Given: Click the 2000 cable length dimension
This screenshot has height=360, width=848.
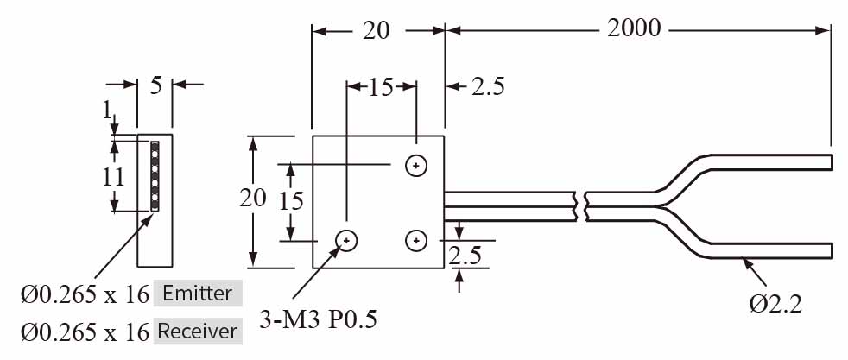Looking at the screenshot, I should (x=634, y=28).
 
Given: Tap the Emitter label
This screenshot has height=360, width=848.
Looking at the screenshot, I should (x=197, y=294).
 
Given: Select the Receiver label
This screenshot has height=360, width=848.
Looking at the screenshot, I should (x=196, y=331).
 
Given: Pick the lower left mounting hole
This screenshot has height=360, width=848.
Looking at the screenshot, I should (x=347, y=239).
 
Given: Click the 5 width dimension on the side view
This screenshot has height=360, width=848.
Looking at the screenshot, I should (x=155, y=85).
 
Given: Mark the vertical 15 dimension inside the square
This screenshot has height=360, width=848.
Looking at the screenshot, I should (x=292, y=200).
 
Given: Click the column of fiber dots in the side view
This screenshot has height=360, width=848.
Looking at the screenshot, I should (x=155, y=176).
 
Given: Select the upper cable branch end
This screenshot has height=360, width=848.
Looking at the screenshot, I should (x=825, y=162).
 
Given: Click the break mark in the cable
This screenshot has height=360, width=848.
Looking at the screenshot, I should (x=582, y=205).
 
